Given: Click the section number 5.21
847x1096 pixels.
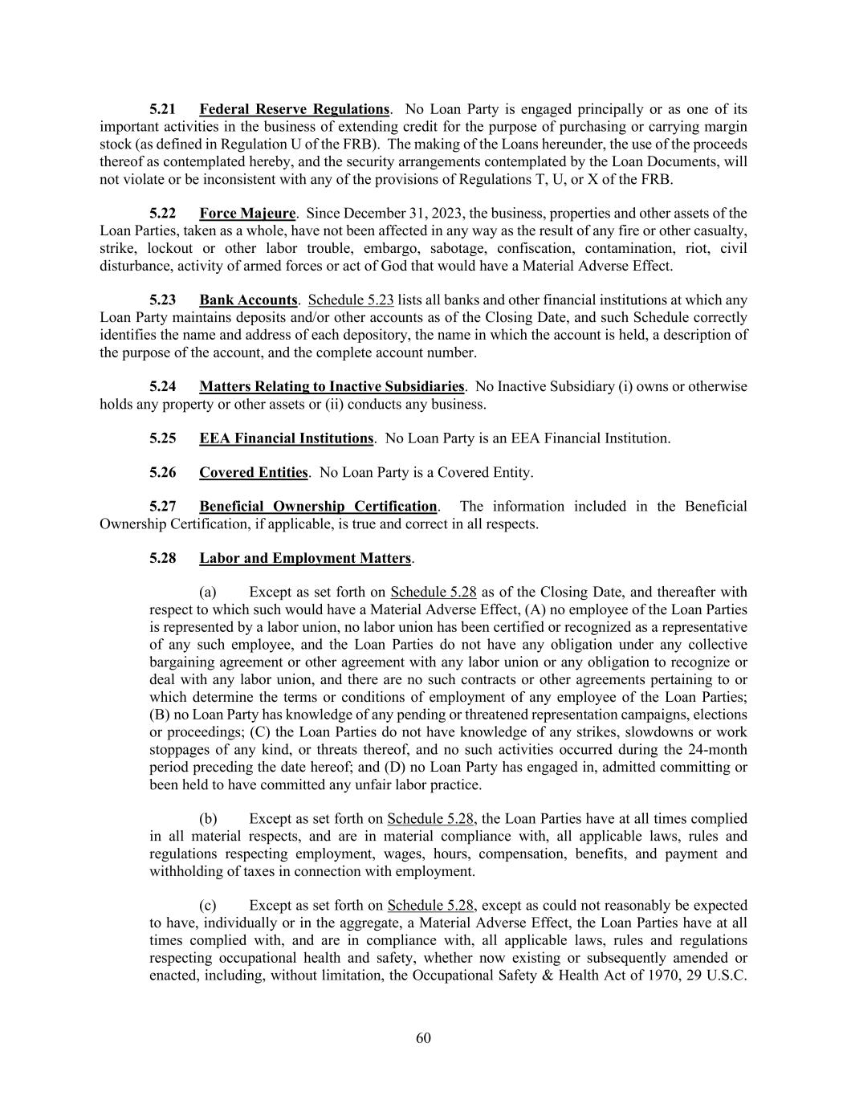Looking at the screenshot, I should pos(162,109).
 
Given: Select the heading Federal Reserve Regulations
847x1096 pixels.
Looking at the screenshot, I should pos(294,109).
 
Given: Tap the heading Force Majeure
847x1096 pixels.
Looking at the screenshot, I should pos(247,214).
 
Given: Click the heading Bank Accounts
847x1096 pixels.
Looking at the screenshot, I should pos(248,300).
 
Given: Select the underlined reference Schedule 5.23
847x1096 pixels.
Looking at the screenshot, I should pos(351,300).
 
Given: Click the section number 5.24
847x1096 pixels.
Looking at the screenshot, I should pos(162,387).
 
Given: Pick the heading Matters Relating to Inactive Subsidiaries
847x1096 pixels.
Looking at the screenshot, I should pos(332,387).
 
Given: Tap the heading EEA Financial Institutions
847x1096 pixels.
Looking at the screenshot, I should pos(286,438).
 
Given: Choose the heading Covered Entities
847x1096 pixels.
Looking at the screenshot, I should pos(253,473).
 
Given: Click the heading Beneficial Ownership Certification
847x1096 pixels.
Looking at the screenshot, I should pos(318,507).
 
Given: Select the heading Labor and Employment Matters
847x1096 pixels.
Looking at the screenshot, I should pos(305,558).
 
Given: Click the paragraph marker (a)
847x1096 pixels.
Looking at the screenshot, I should pos(208,593).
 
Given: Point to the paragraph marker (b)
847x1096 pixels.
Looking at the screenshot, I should pos(208,819).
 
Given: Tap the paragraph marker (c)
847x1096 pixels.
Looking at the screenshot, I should pos(208,906).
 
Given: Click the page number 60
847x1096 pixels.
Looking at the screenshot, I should pos(423,1038).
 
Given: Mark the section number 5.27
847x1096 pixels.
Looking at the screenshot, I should pos(162,507).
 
